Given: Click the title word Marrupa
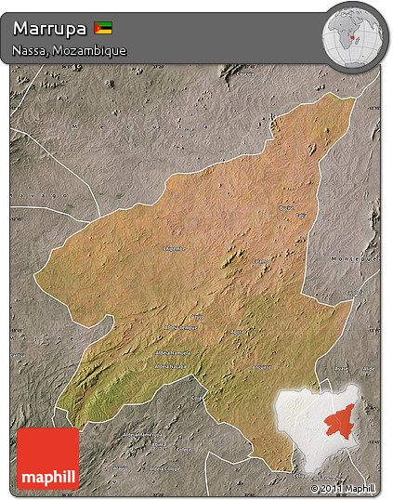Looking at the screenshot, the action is pos(50,28).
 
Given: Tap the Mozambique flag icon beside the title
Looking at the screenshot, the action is pos(104,28).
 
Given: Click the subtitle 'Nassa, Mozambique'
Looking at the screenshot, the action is pos(69,50).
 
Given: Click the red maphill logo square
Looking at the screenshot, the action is pos(48,458).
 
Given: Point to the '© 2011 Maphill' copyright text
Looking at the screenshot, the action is pos(345,487).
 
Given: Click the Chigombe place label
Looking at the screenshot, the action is pos(174,249).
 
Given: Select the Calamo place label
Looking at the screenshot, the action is pos(259,261).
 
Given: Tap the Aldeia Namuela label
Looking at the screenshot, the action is pos(174,353).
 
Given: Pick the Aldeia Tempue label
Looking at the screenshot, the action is pos(181,328).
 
